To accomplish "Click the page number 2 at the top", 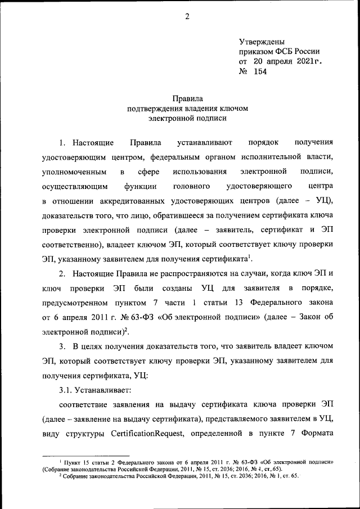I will point(187,16).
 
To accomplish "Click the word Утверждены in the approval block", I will point(262,42).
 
